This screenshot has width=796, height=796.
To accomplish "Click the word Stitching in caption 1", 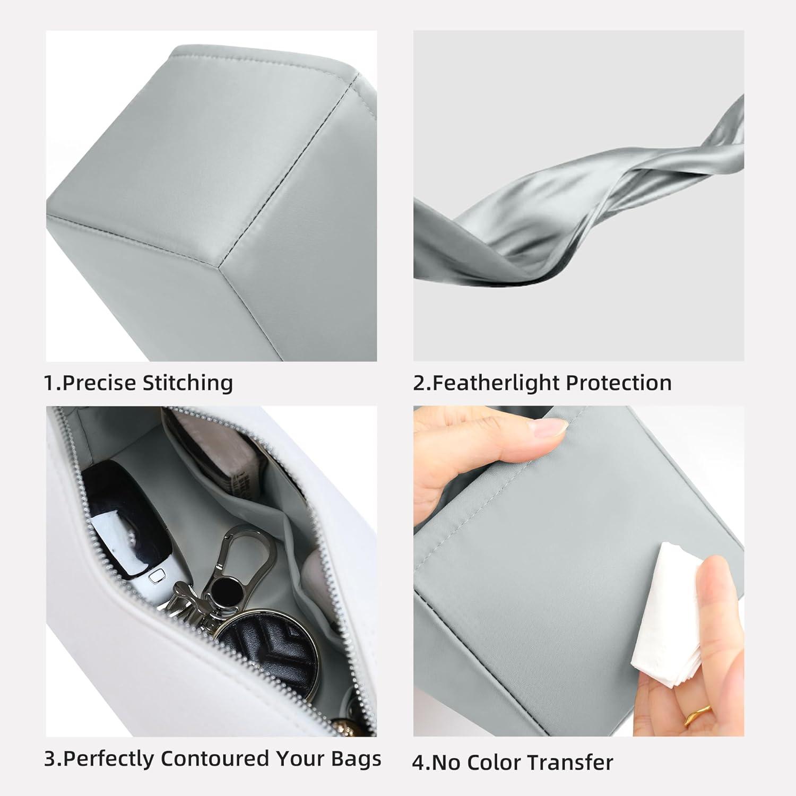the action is pos(188,383).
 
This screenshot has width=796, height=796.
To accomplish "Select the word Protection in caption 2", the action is pos(619,383).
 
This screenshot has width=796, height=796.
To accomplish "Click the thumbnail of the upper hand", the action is pos(550,428).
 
